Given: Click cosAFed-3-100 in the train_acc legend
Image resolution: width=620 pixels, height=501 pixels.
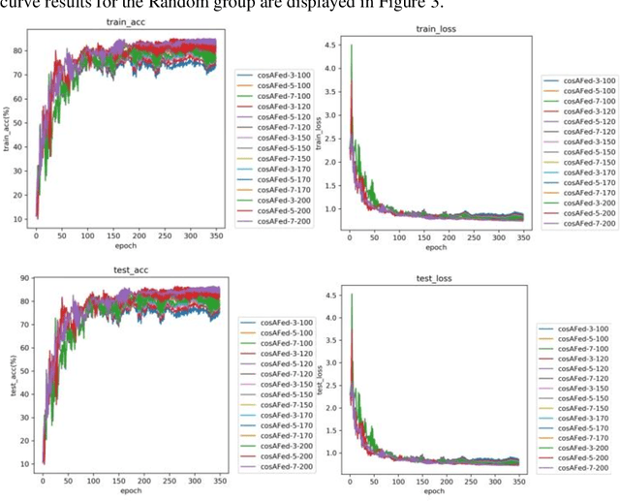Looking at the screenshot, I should [x=277, y=75].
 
